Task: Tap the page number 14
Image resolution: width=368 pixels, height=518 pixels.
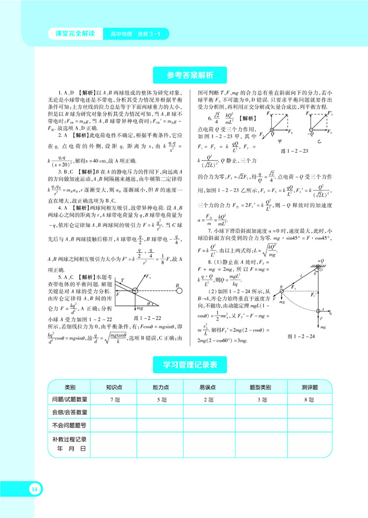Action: coord(34,489)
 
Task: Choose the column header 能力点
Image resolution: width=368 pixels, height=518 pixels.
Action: coord(161,387)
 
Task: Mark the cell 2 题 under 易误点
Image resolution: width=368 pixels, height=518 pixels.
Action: coord(209,400)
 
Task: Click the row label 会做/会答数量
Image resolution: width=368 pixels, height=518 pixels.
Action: coord(69,412)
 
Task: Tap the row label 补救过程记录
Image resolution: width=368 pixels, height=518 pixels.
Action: coord(69,439)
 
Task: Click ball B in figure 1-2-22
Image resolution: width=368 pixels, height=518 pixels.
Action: coord(180,291)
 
